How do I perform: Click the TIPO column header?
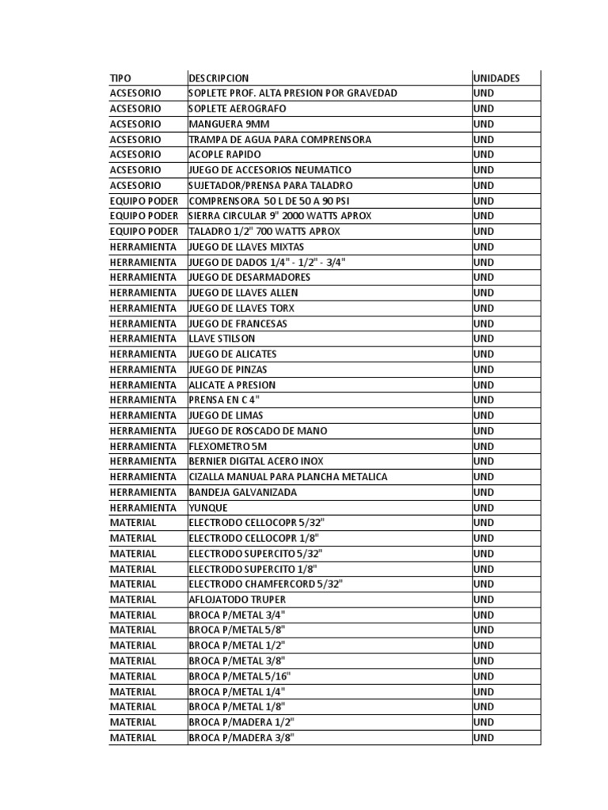click(120, 78)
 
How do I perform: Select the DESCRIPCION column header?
click(218, 78)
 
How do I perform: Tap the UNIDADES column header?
click(496, 78)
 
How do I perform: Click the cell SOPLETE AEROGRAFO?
click(237, 108)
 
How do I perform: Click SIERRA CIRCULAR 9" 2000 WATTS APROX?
click(279, 216)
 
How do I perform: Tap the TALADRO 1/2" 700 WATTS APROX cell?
click(264, 231)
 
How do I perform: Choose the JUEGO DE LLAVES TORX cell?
click(243, 308)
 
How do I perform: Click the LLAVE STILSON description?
click(222, 339)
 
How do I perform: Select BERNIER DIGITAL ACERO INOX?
click(256, 461)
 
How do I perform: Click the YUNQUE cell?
click(208, 508)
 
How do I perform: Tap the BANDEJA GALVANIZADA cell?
click(242, 492)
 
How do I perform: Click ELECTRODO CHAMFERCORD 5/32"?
click(266, 584)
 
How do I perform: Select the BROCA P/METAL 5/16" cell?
click(240, 676)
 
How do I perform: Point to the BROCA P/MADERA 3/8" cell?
click(241, 738)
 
